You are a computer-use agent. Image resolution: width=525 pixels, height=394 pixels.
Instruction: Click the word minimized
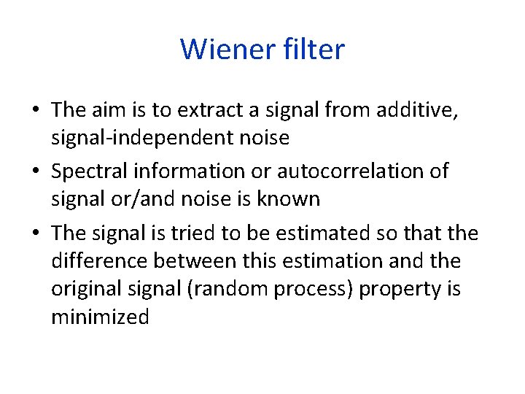100,317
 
